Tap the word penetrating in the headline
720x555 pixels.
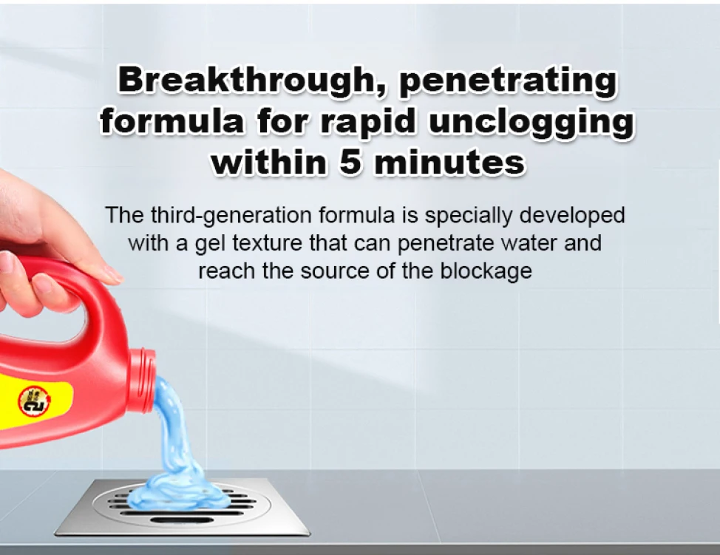pyautogui.click(x=508, y=82)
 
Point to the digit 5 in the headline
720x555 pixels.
pyautogui.click(x=352, y=162)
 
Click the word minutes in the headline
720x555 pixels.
pyautogui.click(x=449, y=162)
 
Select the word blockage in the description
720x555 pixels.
pyautogui.click(x=486, y=270)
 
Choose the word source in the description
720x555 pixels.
pyautogui.click(x=335, y=270)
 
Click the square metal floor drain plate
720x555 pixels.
pyautogui.click(x=183, y=506)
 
